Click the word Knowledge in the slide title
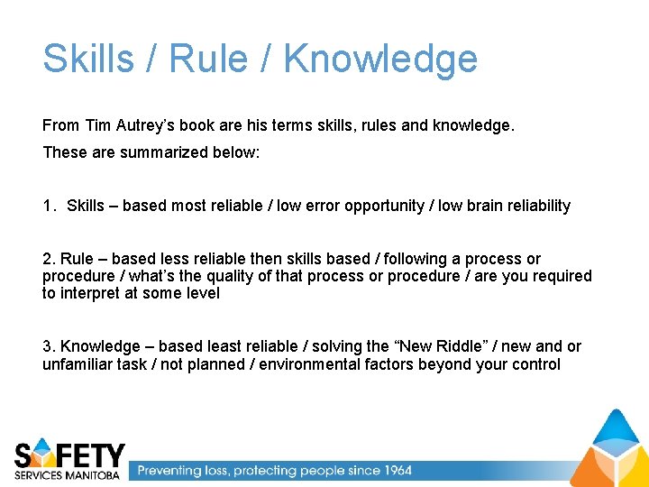[379, 60]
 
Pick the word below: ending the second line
[237, 152]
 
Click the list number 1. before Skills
[50, 206]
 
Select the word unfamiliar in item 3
[78, 364]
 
